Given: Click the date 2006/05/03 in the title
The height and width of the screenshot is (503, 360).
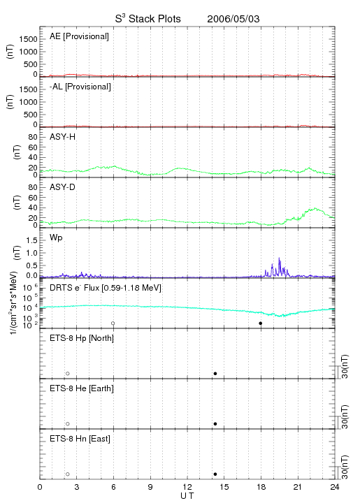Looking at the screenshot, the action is [x=233, y=19].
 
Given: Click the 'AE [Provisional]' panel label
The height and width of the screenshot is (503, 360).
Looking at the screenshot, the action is [x=79, y=36].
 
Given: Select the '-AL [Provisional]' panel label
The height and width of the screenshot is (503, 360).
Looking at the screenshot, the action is [x=80, y=87].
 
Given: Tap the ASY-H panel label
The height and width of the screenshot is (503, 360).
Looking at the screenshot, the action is [x=63, y=137].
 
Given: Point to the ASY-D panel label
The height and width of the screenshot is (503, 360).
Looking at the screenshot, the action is [x=63, y=187].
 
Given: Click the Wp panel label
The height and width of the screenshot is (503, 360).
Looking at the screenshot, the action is [x=56, y=238].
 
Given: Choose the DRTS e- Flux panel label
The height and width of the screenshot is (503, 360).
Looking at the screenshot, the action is [x=106, y=288].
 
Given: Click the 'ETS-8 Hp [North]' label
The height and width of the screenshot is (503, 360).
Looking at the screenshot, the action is [x=82, y=338].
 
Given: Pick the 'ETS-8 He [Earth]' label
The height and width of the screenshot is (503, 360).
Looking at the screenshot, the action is [x=82, y=388].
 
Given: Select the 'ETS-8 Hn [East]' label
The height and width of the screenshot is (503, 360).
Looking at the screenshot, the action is [x=80, y=439].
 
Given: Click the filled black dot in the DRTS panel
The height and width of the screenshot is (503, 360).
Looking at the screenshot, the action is [x=261, y=323].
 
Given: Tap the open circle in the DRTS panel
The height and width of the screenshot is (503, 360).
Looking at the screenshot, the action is [x=113, y=323].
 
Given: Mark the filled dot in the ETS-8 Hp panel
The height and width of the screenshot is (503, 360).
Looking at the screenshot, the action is [x=215, y=373].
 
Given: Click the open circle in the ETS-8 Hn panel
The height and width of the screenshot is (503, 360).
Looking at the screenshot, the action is [x=68, y=474].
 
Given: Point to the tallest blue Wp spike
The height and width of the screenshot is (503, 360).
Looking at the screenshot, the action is [x=279, y=258].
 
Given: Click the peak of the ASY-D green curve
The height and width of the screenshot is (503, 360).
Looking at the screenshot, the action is [x=316, y=208].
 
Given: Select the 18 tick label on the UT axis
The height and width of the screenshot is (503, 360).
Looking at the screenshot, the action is [x=261, y=487].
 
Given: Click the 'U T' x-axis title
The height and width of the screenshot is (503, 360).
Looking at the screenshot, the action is [x=187, y=496].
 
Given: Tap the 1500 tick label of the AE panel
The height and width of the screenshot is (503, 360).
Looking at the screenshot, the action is [x=28, y=39].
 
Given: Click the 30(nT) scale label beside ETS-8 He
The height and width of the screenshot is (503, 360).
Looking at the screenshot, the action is [x=345, y=416].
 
